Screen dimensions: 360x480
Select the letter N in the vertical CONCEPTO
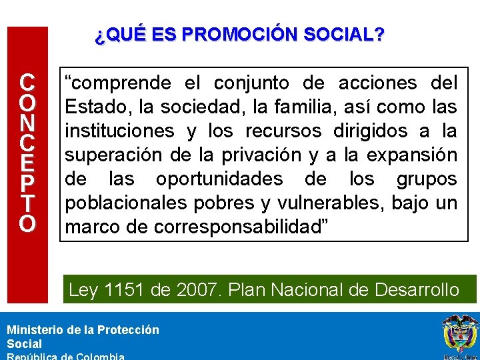click(27, 125)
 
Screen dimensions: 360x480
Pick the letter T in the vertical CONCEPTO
click(27, 203)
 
